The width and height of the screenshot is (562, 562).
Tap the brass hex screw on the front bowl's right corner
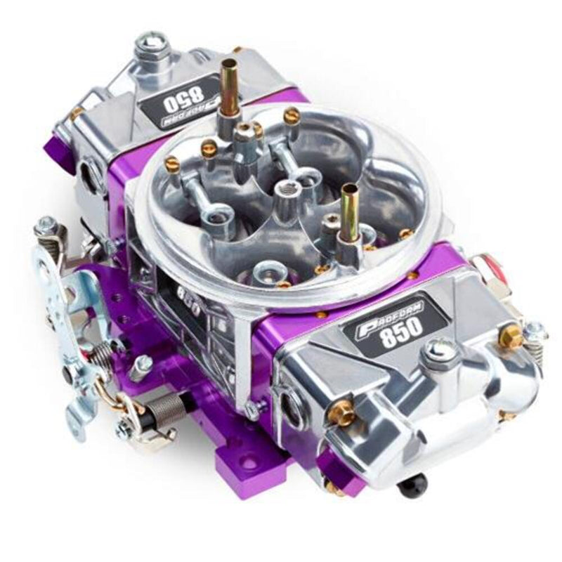[511, 336]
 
